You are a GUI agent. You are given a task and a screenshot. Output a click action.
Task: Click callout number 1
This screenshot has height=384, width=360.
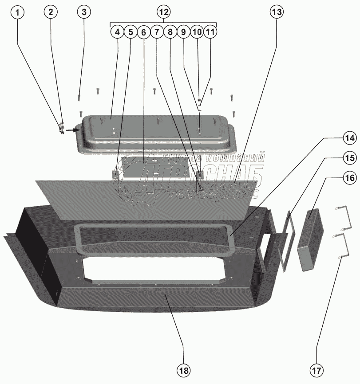18,12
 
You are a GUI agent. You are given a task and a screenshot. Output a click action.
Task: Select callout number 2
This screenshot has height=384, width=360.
51,12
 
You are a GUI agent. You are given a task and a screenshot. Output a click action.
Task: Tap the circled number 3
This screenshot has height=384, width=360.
83,12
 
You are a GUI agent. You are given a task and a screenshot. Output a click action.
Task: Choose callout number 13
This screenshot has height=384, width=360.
276,12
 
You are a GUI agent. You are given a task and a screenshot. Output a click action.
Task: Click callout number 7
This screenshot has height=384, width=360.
156,32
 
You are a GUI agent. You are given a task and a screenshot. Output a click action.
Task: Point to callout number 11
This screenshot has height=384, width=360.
210,32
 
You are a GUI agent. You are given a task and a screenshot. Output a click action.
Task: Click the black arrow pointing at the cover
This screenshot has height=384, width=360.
71,130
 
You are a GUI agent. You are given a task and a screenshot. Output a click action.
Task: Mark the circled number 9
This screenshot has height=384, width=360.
183,32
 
